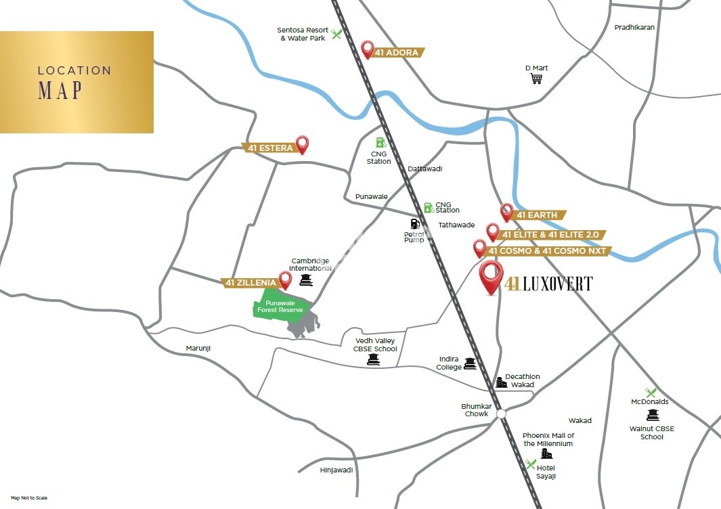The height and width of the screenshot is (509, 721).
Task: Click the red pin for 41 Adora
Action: point(368,49)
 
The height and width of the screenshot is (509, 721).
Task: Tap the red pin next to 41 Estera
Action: point(303,144)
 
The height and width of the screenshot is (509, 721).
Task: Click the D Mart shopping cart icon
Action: point(537,79)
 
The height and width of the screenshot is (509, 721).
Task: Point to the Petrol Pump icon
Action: point(414,223)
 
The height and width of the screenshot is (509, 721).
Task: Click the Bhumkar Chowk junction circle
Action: point(500,413)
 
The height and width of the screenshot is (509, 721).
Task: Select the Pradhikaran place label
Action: point(634,28)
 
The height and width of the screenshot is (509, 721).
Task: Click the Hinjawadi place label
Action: point(336,470)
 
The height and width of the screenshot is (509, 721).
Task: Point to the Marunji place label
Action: point(199,348)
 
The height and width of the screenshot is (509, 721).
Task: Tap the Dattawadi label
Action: point(424,169)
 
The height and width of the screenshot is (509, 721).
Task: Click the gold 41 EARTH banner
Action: point(537,215)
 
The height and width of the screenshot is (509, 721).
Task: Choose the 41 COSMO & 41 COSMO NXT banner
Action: point(548,251)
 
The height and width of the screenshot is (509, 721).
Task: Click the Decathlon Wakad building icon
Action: point(502,382)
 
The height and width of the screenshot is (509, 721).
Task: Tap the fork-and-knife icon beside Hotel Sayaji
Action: point(531,464)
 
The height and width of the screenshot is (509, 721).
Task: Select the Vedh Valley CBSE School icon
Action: point(372,360)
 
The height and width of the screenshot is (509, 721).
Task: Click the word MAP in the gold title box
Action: point(60,91)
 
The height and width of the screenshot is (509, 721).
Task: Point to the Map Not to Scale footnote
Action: point(29,497)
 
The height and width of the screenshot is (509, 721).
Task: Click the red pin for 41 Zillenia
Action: point(286,280)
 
